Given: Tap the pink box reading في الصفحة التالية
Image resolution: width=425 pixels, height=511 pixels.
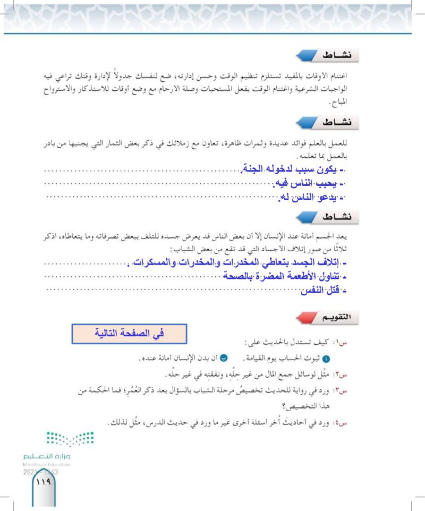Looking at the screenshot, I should pyautogui.click(x=129, y=335).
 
